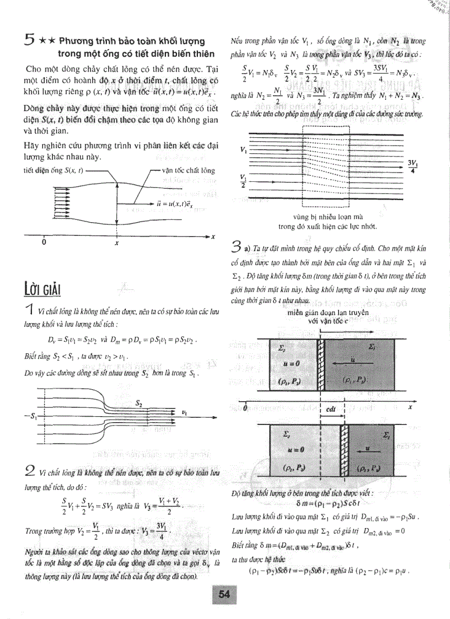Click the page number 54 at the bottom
point(223,594)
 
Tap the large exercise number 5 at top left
point(31,40)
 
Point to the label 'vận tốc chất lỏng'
point(188,170)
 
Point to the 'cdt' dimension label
point(331,410)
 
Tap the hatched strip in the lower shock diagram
point(344,450)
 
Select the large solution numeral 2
point(31,470)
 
